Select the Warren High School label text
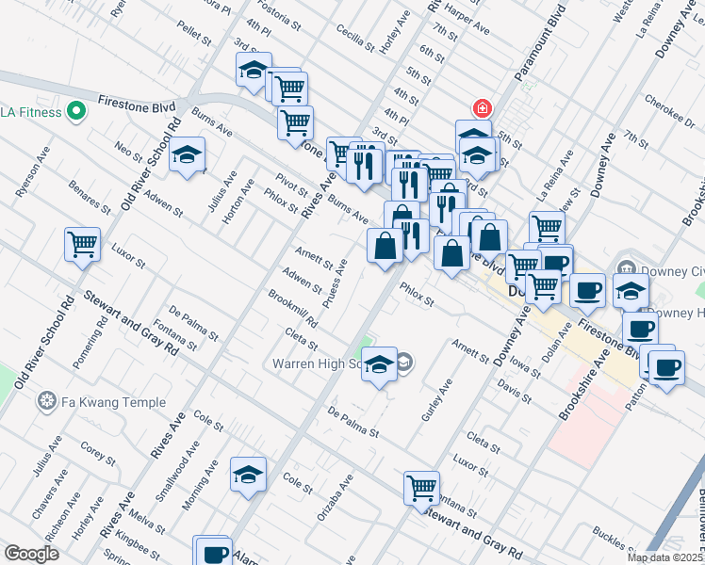pos(317,363)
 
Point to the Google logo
pos(31,554)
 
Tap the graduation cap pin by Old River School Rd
pos(188,154)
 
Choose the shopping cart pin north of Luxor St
pos(83,244)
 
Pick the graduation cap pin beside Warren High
pos(379,365)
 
